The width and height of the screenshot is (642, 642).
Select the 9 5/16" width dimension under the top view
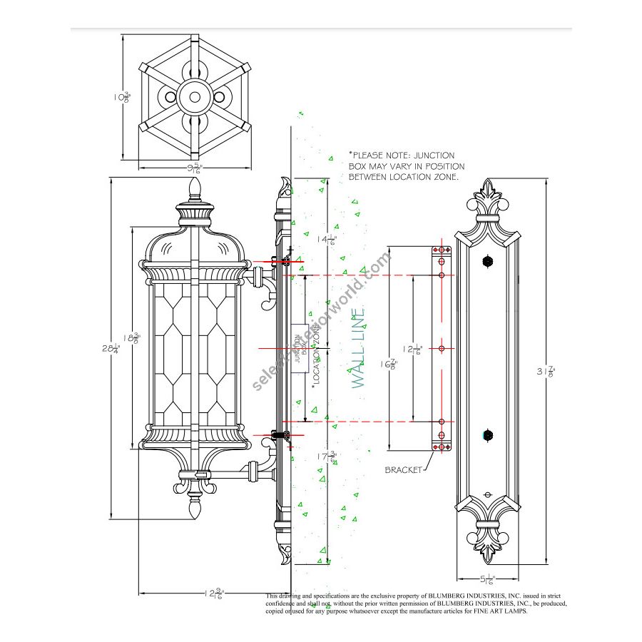[x=193, y=168]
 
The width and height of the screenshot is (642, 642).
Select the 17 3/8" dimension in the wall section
[x=327, y=457]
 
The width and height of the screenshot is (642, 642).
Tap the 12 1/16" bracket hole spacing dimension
[x=413, y=349]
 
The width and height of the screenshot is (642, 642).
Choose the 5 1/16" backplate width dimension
[x=488, y=579]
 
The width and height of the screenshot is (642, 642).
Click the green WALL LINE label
[x=359, y=347]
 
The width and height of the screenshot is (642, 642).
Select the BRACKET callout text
[x=404, y=470]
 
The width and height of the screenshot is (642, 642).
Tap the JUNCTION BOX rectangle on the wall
[x=300, y=347]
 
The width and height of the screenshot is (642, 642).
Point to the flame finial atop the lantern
[x=195, y=189]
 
